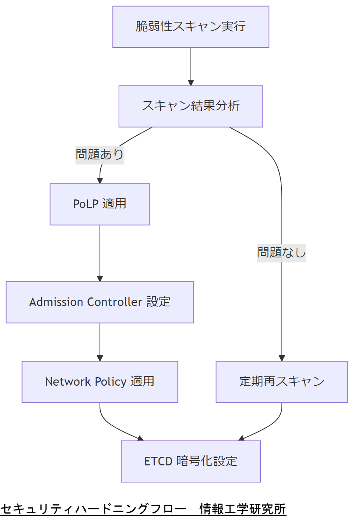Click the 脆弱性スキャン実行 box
(190, 27)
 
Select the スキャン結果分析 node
(190, 106)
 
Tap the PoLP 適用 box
(100, 204)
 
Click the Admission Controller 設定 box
(100, 302)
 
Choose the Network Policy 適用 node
(100, 381)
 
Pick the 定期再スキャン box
(281, 381)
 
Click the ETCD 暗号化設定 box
(190, 461)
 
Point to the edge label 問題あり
(100, 155)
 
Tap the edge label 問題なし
(281, 253)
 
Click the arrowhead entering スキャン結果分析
(190, 82)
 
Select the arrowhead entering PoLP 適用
(100, 180)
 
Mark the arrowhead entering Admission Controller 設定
(100, 278)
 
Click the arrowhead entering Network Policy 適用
(100, 358)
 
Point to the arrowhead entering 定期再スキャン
(281, 358)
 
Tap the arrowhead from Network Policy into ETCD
(140, 439)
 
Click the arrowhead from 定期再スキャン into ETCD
(241, 439)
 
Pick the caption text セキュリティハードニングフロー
(93, 509)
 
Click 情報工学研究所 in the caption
(243, 509)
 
